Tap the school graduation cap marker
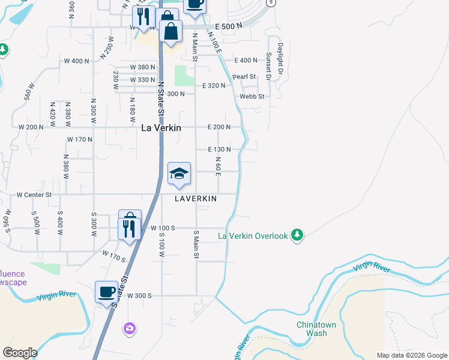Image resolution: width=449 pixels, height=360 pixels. click(x=179, y=174)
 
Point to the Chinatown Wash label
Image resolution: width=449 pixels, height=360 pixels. click(x=312, y=329)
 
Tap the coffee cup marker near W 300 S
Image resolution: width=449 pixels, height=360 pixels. click(x=107, y=293)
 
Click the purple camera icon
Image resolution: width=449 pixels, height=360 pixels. click(x=129, y=328)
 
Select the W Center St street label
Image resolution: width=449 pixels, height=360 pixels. click(x=34, y=195)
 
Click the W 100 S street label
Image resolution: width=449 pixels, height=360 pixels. click(x=163, y=228)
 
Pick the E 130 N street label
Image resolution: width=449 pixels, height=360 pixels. click(x=219, y=149)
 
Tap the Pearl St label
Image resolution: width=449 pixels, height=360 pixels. click(x=244, y=77)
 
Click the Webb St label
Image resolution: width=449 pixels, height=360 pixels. click(x=252, y=96)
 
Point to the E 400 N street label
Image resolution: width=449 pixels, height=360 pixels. click(x=246, y=61)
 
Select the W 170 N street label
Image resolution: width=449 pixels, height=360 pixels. click(x=80, y=140)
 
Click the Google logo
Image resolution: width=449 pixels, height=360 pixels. click(x=20, y=353)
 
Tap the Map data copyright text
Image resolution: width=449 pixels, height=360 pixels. click(x=411, y=355)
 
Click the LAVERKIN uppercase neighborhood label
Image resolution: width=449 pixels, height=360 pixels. click(x=196, y=198)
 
